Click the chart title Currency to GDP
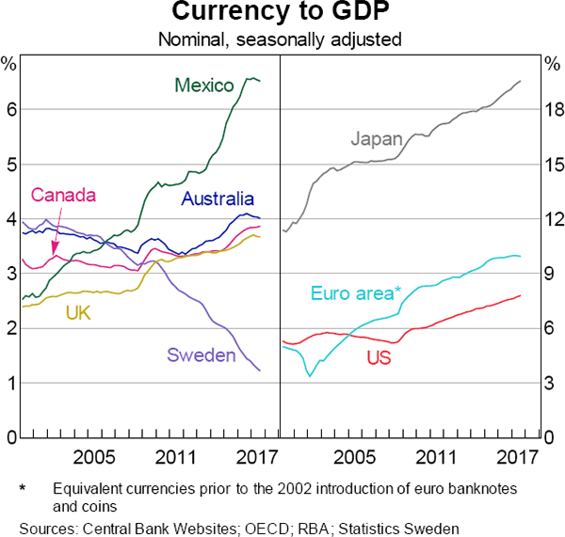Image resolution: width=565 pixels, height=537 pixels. tap(282, 13)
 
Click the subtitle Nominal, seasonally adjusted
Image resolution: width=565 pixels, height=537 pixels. tap(282, 39)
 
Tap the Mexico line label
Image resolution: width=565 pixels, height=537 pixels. tap(204, 86)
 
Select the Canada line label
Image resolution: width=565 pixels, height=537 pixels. tap(64, 196)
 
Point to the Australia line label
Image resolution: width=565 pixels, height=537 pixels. tap(218, 198)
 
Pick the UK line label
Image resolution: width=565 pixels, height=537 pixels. tap(78, 312)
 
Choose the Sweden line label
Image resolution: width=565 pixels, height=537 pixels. tap(202, 355)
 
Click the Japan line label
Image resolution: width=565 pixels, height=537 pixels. tap(377, 139)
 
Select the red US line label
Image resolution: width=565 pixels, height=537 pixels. tap(378, 357)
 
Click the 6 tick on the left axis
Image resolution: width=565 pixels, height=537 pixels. tap(10, 109)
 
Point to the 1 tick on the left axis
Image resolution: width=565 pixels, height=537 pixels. tap(10, 383)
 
